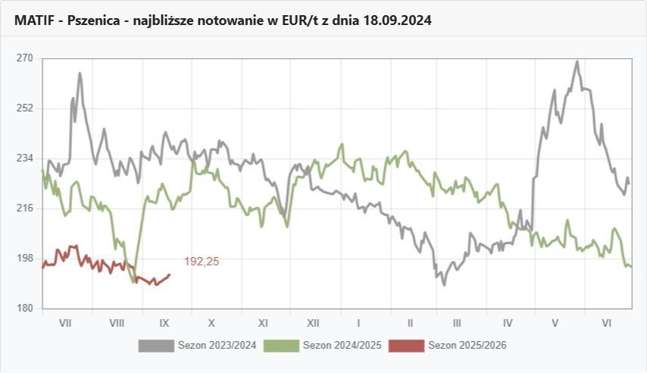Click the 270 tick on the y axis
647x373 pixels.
point(25,58)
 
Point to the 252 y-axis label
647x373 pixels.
point(25,108)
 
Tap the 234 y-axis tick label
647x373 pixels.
point(25,158)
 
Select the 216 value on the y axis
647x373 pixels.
point(25,208)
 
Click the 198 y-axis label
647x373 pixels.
point(25,258)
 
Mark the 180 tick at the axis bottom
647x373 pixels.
point(25,308)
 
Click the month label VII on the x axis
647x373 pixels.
point(65,322)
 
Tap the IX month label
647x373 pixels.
point(167,322)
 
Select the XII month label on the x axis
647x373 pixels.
point(311,322)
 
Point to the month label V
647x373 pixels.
point(555,322)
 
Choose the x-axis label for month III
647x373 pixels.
point(458,322)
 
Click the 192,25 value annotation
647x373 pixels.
point(202,262)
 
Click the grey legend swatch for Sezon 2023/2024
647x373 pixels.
point(156,346)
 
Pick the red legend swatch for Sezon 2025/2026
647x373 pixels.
point(407,346)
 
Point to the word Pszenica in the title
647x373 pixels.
point(95,21)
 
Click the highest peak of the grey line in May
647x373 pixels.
point(577,61)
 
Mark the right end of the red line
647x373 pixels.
point(170,274)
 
